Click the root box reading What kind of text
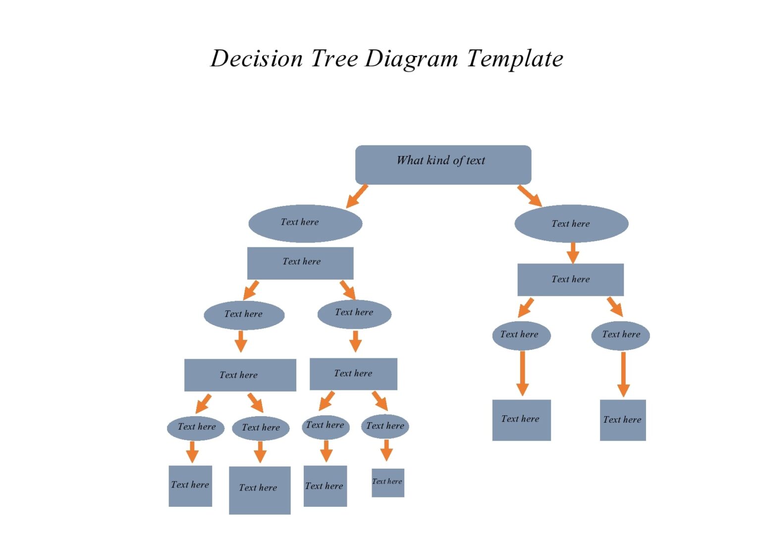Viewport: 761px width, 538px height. pyautogui.click(x=443, y=165)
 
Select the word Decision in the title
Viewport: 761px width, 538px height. pyautogui.click(x=257, y=58)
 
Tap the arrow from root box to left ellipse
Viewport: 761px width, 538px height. pyautogui.click(x=357, y=196)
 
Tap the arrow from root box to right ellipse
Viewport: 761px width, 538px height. pyautogui.click(x=530, y=196)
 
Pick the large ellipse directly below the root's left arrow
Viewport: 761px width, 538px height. pyautogui.click(x=305, y=223)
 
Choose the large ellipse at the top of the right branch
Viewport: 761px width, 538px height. pyautogui.click(x=571, y=224)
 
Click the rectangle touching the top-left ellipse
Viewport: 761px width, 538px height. pyautogui.click(x=300, y=263)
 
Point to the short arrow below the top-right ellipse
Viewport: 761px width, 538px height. pyautogui.click(x=573, y=252)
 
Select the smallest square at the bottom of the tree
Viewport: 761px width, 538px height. pyautogui.click(x=388, y=483)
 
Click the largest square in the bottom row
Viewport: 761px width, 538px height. pyautogui.click(x=260, y=490)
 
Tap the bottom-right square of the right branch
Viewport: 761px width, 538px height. pyautogui.click(x=623, y=420)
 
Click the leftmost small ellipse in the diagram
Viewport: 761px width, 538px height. pyautogui.click(x=196, y=428)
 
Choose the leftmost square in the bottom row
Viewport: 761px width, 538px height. pyautogui.click(x=190, y=486)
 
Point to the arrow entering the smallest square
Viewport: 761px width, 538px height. pyautogui.click(x=386, y=450)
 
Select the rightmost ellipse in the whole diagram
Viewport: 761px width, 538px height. pyautogui.click(x=620, y=335)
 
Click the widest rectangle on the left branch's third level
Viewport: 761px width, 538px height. pyautogui.click(x=240, y=375)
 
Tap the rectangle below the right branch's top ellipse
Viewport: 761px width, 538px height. pyautogui.click(x=570, y=280)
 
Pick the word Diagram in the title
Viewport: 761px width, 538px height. pyautogui.click(x=411, y=59)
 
